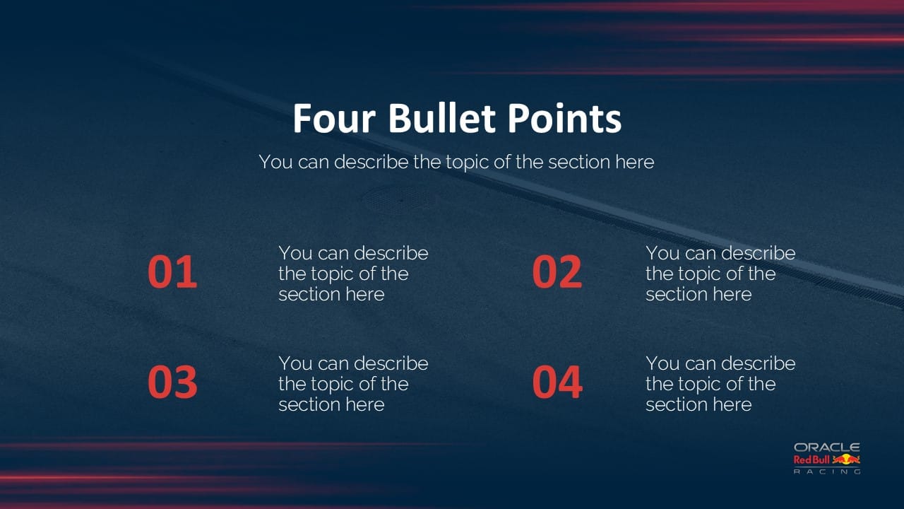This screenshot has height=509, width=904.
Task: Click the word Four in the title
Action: coord(335,119)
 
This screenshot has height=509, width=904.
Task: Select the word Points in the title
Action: coord(564,119)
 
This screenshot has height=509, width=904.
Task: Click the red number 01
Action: coord(172,273)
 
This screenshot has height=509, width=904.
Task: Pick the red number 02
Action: coord(557,273)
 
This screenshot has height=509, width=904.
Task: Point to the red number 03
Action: coord(172,382)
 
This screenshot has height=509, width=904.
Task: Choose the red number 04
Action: coord(557,382)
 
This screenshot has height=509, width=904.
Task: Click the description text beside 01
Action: coord(353,274)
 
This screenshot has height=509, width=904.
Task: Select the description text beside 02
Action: coord(720,274)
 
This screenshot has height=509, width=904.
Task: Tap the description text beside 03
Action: coord(353,384)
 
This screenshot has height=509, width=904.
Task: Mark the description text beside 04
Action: coord(720,384)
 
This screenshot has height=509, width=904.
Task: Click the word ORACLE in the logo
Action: coord(826,447)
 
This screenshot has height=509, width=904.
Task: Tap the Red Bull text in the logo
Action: coord(811,460)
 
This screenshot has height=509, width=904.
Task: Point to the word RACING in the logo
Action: coord(826,472)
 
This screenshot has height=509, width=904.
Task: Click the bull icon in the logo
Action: coord(846,460)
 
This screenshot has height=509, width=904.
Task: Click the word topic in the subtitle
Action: coord(467,163)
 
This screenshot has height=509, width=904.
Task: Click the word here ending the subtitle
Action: coord(634,162)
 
